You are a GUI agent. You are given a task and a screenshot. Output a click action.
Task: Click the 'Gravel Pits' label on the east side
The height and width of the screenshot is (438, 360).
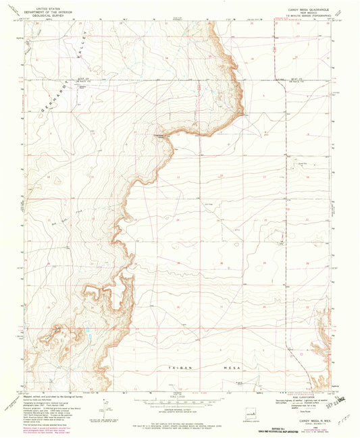(295, 162)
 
